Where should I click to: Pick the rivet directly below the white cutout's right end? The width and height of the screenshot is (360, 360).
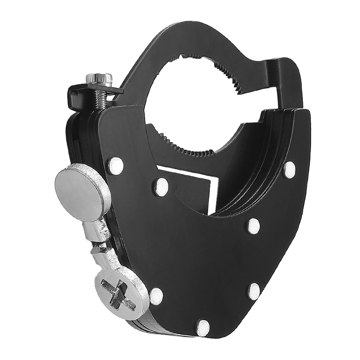pos(254,226)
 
